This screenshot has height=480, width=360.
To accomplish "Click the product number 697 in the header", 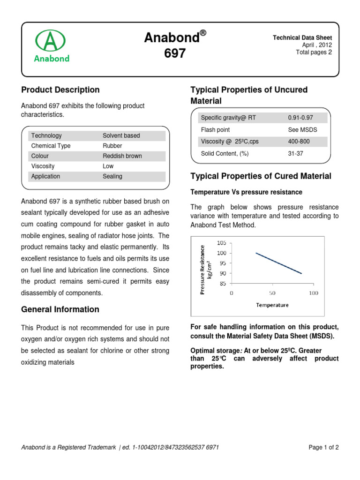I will pos(175,54).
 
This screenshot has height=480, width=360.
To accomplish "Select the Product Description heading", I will pos(60,90).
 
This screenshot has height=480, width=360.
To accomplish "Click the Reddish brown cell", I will pos(122,156).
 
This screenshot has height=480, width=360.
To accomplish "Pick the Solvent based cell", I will pos(121,135).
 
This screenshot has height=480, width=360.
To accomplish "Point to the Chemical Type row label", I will pos(51,146).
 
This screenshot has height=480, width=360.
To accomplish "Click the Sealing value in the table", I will pos(112,177).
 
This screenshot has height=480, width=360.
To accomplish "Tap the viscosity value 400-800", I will pos(299,142).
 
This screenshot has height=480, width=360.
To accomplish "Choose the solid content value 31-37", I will pos(295,154).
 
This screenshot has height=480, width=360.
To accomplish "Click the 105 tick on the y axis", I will pos(222,243).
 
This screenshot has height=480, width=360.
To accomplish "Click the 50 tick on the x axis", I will pos(272,293).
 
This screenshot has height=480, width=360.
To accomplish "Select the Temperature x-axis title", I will pos(272,305).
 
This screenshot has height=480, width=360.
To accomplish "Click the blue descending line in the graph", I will pos(278,263).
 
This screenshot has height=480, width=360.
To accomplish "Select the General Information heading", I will pos(60,309).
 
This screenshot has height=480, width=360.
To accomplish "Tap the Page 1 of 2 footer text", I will pos(323,448).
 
